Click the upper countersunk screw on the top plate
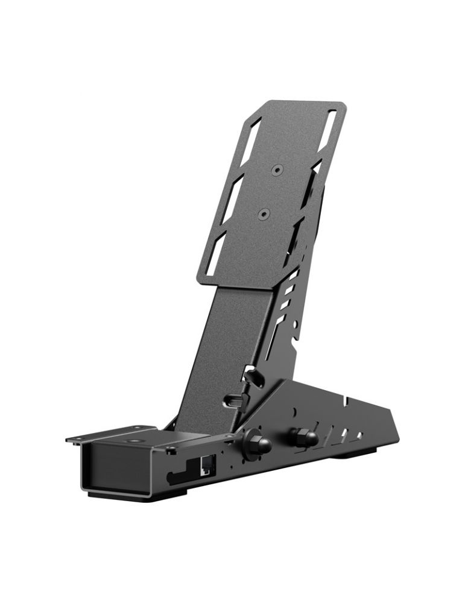tap(276, 170)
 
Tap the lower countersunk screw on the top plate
tap(262, 213)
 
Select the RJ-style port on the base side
tap(205, 465)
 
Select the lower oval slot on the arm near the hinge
tap(235, 400)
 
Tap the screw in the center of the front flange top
tap(133, 441)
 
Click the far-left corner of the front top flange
tap(68, 440)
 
